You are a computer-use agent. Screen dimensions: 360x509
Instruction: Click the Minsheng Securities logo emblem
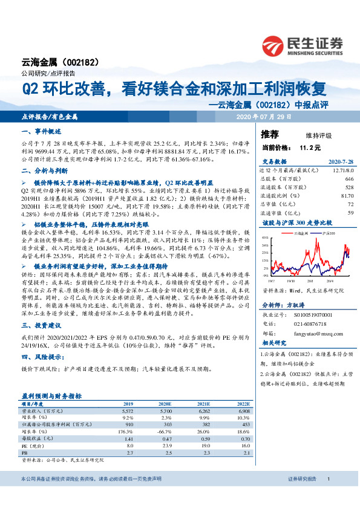[275, 44]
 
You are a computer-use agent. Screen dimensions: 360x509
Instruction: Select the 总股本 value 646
[349, 180]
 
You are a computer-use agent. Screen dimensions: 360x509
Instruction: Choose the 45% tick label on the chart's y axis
[266, 238]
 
